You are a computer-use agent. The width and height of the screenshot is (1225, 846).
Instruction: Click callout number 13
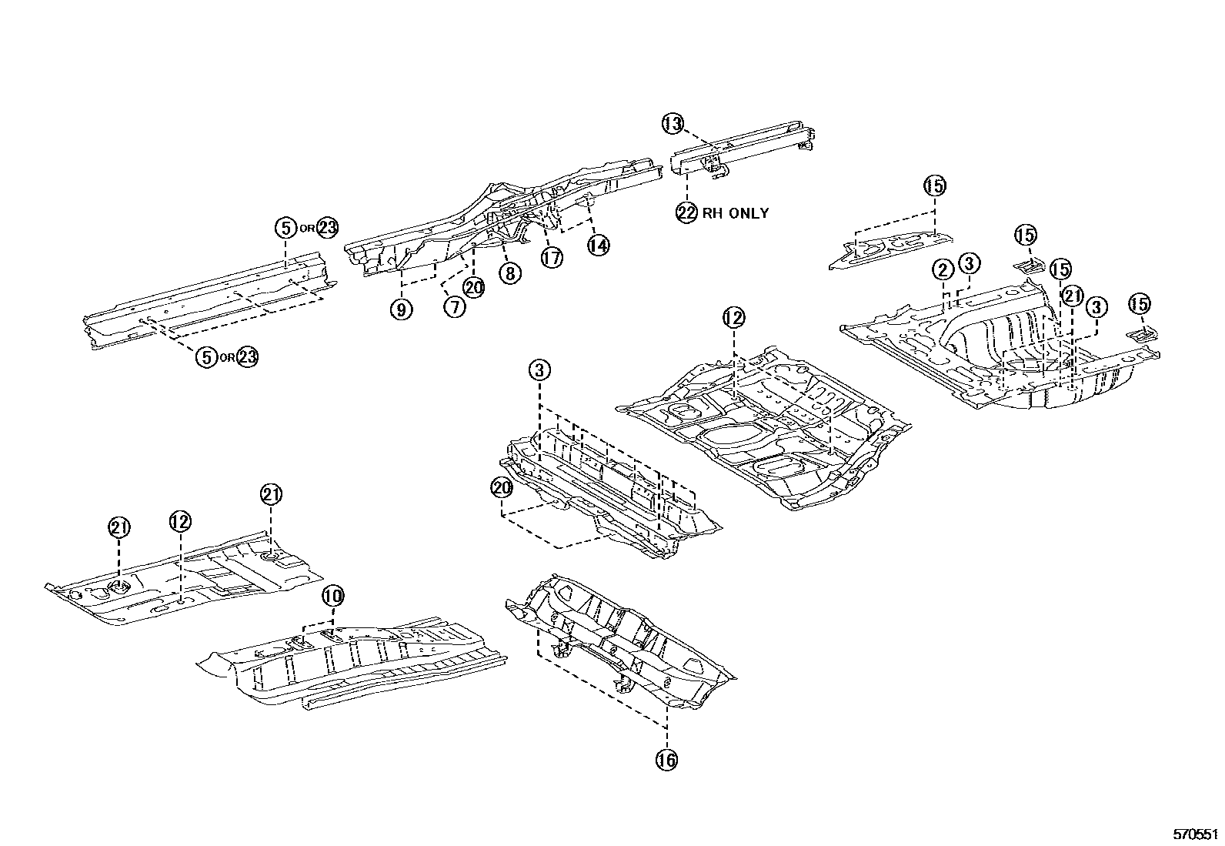click(673, 123)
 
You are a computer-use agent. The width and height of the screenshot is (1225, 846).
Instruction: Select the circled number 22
click(686, 212)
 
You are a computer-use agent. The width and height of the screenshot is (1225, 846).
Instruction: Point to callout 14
click(598, 245)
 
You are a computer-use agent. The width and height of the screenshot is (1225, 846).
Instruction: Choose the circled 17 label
click(552, 258)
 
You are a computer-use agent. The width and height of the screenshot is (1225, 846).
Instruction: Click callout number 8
click(509, 272)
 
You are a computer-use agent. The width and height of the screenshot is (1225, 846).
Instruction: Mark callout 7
click(455, 307)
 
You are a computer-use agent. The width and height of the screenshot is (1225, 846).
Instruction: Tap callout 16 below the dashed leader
click(666, 760)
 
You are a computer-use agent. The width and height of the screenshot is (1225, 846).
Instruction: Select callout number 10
click(333, 595)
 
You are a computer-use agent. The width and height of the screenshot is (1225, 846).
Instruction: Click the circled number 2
click(943, 269)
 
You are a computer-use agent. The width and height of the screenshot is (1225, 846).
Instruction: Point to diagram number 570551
click(1196, 834)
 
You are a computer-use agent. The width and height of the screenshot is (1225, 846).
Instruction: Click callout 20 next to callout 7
click(474, 288)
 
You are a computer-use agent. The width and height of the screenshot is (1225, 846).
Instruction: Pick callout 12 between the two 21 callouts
click(179, 521)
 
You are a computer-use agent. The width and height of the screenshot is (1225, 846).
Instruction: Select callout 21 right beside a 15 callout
click(1072, 296)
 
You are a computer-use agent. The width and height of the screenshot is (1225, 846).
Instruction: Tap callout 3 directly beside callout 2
click(969, 263)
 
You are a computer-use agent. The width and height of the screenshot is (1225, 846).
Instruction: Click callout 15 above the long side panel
click(935, 186)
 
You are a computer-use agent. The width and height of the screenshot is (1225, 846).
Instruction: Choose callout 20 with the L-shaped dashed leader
click(502, 487)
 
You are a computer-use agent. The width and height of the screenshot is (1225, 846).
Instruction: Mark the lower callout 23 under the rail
click(248, 357)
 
